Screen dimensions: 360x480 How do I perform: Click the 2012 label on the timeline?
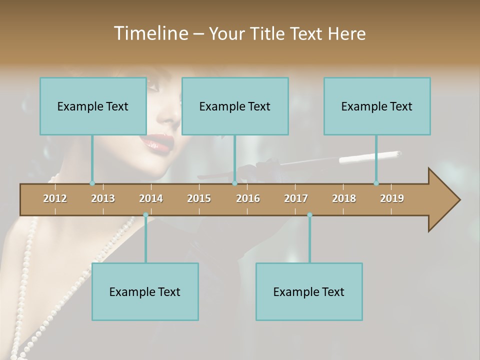pyautogui.click(x=55, y=198)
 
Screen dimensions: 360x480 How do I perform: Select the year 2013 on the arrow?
pyautogui.click(x=103, y=198)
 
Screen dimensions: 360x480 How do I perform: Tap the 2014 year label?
pyautogui.click(x=151, y=198)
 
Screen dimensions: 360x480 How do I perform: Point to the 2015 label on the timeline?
pyautogui.click(x=199, y=198)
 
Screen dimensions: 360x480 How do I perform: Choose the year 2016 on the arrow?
pyautogui.click(x=248, y=198)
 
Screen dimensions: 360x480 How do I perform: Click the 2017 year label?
pyautogui.click(x=296, y=198)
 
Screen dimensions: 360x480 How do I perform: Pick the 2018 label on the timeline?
pyautogui.click(x=344, y=198)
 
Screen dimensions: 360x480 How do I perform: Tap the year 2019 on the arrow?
pyautogui.click(x=392, y=198)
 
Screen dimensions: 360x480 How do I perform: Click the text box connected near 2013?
pyautogui.click(x=93, y=106)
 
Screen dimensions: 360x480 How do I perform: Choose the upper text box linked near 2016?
pyautogui.click(x=235, y=106)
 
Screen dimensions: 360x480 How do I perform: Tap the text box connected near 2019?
pyautogui.click(x=377, y=106)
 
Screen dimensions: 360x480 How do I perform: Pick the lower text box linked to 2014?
pyautogui.click(x=145, y=291)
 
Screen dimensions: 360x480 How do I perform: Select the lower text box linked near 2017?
pyautogui.click(x=309, y=291)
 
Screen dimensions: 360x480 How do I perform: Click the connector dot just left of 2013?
pyautogui.click(x=92, y=183)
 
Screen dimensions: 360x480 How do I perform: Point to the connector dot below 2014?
pyautogui.click(x=145, y=215)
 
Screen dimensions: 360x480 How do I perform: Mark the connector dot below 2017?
pyautogui.click(x=309, y=215)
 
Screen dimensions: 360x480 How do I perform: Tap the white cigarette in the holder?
pyautogui.click(x=370, y=157)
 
